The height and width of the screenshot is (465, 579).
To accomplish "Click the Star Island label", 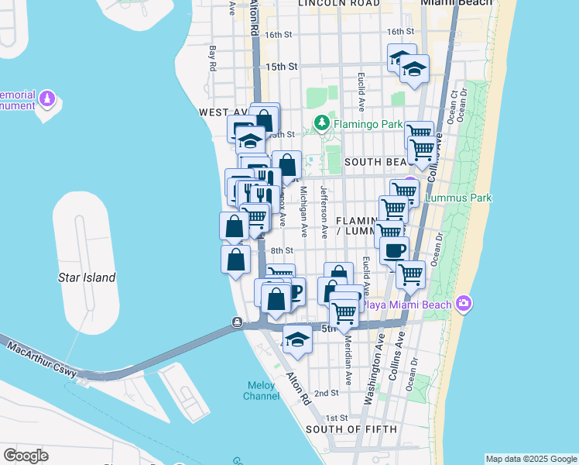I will tap(87, 277).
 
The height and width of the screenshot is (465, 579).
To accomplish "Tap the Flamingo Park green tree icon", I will tap(321, 123).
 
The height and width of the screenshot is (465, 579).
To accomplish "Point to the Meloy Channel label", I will tap(261, 391).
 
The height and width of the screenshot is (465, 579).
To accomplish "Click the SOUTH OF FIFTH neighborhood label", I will tap(351, 429).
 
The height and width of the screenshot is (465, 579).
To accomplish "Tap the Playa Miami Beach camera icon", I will tap(464, 303).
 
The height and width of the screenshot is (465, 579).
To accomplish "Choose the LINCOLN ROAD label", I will tap(339, 4).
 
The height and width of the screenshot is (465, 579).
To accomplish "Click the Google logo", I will tap(25, 456).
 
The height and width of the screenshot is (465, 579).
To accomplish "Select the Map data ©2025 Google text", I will tap(531, 459).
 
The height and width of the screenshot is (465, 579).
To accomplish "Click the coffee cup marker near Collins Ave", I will tap(394, 251).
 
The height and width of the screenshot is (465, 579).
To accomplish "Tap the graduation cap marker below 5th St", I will tap(296, 339).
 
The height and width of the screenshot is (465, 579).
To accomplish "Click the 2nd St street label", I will tap(326, 394).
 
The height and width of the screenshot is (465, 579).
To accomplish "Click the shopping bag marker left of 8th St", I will tap(235, 260).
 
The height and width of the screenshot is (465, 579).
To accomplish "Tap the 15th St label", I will tap(281, 67).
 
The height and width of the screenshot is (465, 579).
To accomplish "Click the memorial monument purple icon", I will tap(49, 99).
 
